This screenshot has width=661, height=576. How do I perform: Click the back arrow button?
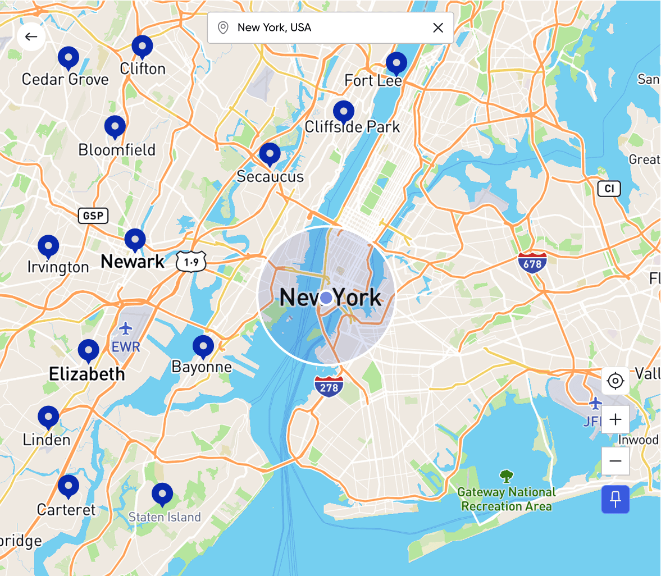tap(31, 37)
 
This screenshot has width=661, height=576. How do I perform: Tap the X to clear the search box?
tap(438, 28)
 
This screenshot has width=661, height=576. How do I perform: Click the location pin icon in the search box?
tap(223, 28)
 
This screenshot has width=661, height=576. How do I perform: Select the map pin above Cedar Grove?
tap(68, 57)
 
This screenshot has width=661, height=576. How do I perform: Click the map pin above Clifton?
tap(142, 46)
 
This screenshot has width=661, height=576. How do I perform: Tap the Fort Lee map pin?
tap(396, 63)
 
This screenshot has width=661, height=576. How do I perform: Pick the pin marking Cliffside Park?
tap(343, 111)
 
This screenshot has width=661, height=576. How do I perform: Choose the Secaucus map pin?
tap(270, 153)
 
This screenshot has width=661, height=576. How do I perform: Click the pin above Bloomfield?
tap(115, 126)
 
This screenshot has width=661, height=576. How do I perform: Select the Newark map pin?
tap(135, 239)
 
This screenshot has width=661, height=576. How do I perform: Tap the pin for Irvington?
tap(48, 246)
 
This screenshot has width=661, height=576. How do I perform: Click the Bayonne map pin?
tap(203, 346)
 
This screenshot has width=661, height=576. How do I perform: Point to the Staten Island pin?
tap(162, 493)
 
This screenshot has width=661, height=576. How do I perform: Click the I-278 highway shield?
tap(329, 387)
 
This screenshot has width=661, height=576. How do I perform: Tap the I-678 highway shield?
tap(532, 263)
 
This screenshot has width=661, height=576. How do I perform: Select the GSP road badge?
tap(93, 216)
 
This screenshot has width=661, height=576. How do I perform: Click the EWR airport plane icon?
tap(125, 328)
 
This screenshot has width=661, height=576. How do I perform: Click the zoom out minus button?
tap(616, 461)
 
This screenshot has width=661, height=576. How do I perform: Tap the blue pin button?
tap(616, 499)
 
